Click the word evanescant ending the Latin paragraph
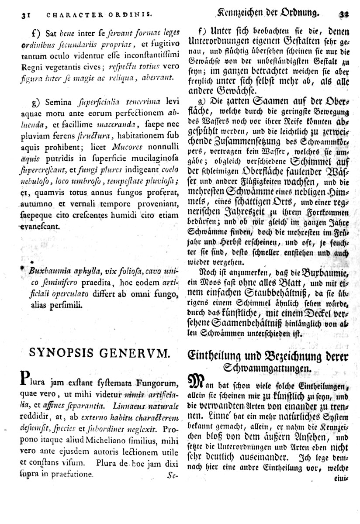pos(38,226)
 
